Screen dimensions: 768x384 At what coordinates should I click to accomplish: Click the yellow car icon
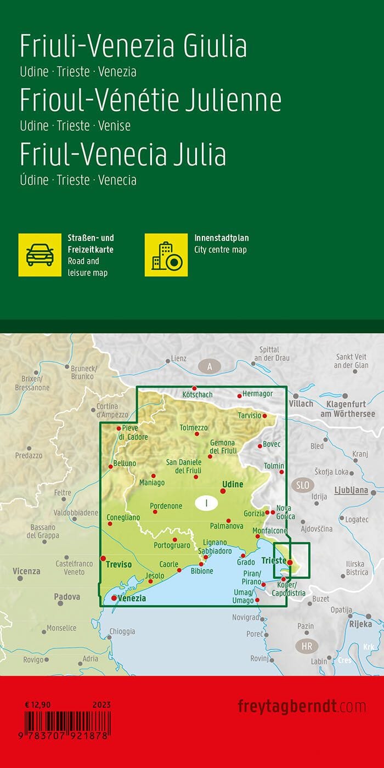coord(40,255)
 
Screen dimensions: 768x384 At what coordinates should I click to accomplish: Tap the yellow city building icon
coord(166,255)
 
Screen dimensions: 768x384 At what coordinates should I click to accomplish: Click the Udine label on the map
coord(231,484)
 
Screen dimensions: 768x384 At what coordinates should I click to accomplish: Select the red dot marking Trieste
coord(290,562)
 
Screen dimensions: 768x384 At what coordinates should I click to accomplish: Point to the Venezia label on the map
coord(132,598)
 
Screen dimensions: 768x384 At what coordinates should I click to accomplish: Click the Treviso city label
coord(119,563)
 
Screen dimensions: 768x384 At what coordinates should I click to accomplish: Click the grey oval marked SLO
coord(303,485)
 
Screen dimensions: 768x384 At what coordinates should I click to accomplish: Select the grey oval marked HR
coord(307,646)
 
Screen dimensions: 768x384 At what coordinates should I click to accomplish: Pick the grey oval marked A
coord(210,367)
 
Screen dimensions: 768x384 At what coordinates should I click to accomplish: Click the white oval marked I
coord(206,502)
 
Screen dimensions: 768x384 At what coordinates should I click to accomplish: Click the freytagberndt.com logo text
coord(302,706)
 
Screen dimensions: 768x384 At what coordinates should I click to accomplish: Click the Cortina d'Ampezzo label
coord(108,410)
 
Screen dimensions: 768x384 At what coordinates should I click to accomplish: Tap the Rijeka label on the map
coord(360,624)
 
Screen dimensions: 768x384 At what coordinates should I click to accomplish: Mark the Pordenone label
coord(166,506)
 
